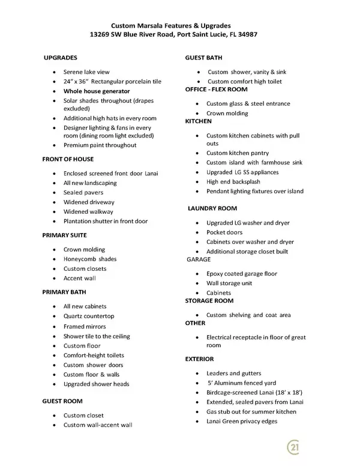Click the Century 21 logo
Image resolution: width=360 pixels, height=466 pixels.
pyautogui.click(x=294, y=448)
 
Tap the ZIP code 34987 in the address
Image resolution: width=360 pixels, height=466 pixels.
pyautogui.click(x=248, y=35)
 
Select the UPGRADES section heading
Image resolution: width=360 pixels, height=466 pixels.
pyautogui.click(x=61, y=58)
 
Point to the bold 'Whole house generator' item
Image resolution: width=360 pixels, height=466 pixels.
pyautogui.click(x=97, y=91)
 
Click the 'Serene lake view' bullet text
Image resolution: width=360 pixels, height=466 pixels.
pyautogui.click(x=86, y=72)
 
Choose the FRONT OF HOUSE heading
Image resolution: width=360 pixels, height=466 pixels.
pyautogui.click(x=68, y=159)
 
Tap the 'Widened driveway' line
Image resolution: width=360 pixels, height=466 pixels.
pyautogui.click(x=89, y=202)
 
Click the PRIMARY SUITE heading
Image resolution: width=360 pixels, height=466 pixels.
pyautogui.click(x=64, y=235)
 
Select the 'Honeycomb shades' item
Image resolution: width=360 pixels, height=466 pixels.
pyautogui.click(x=90, y=259)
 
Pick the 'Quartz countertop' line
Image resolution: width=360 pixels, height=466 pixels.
pyautogui.click(x=89, y=316)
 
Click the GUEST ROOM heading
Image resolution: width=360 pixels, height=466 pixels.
pyautogui.click(x=62, y=401)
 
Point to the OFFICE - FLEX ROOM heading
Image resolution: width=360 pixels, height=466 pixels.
pyautogui.click(x=217, y=89)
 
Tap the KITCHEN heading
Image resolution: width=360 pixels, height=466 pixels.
pyautogui.click(x=199, y=121)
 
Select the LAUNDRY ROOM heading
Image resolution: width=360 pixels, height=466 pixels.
pyautogui.click(x=213, y=208)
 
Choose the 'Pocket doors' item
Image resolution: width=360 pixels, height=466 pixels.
pyautogui.click(x=224, y=233)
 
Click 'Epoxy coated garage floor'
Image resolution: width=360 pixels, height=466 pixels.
pyautogui.click(x=242, y=274)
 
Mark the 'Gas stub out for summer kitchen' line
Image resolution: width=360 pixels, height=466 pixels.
pyautogui.click(x=251, y=412)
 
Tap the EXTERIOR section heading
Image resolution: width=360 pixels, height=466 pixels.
pyautogui.click(x=200, y=359)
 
